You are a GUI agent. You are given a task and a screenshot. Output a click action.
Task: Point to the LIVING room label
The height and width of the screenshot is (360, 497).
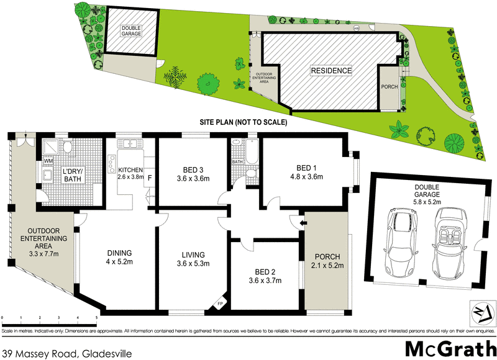193,254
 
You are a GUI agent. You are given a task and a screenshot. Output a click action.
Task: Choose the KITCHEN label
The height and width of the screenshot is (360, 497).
130,170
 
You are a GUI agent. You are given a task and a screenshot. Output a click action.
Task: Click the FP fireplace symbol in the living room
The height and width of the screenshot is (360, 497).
219,304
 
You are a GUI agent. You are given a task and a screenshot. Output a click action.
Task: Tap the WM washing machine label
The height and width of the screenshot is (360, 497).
48,161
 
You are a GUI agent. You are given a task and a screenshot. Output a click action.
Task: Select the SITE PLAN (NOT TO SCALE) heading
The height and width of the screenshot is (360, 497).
242,123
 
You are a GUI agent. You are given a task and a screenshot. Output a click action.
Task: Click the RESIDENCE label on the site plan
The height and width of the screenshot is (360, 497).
331,71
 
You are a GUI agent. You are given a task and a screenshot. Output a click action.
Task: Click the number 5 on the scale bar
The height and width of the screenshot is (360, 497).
96,318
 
